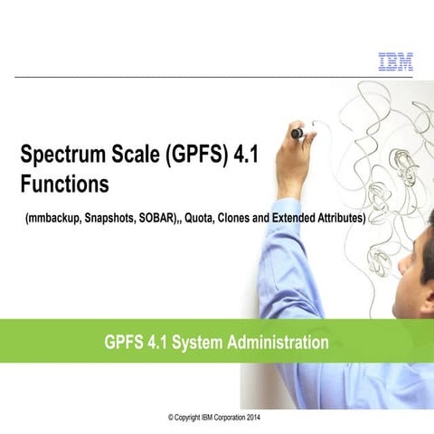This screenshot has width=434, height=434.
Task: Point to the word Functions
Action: click(64, 184)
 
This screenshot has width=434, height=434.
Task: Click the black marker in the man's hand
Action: click(297, 134)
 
